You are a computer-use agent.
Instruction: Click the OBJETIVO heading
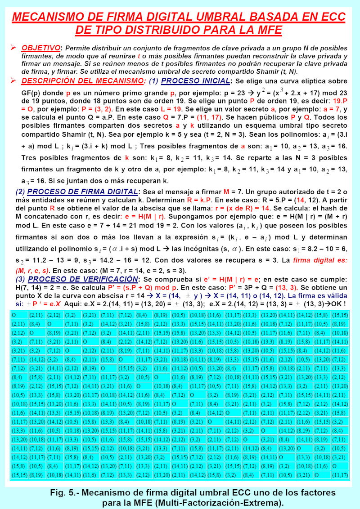pyautogui.click(x=41, y=48)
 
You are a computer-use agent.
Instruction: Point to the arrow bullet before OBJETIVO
pyautogui.click(x=13, y=47)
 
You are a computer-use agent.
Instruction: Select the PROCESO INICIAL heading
pyautogui.click(x=195, y=81)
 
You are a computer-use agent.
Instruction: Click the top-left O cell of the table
pyautogui.click(x=13, y=315)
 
